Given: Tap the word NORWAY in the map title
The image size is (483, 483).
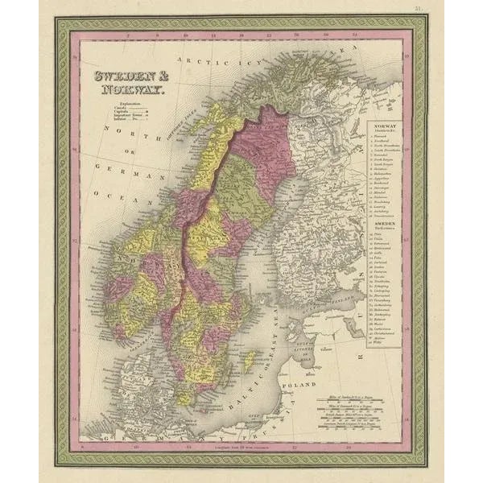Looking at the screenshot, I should coord(130,91).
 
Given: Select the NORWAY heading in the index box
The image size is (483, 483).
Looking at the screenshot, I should coord(383,128).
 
